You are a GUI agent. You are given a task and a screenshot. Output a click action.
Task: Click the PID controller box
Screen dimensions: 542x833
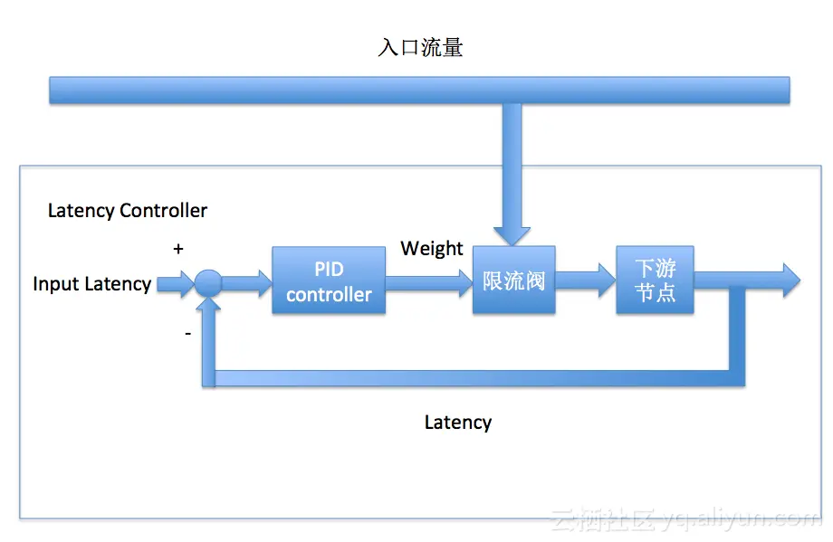(x=329, y=280)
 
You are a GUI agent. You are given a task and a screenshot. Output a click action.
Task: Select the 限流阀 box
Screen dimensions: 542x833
(x=513, y=280)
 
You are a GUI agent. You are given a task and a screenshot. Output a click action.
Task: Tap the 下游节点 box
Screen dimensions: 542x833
(x=655, y=280)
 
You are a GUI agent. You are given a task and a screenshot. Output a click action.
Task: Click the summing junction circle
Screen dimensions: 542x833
(x=208, y=283)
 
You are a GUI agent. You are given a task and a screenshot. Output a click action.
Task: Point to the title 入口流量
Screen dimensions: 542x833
(x=420, y=48)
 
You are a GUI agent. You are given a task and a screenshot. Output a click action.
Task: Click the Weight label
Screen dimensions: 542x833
(x=432, y=249)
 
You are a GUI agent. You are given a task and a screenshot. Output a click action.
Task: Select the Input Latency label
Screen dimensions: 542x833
(x=91, y=284)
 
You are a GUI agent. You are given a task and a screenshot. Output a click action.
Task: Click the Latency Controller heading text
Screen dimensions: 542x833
(x=128, y=211)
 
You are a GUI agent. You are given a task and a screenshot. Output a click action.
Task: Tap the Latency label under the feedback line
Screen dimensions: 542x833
(x=458, y=423)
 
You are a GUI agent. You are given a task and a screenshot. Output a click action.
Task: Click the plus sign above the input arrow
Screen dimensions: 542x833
(x=178, y=249)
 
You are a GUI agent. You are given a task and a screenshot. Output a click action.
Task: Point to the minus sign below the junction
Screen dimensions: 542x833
(x=187, y=334)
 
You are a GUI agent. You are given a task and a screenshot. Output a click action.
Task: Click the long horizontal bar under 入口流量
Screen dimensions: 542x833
(x=419, y=90)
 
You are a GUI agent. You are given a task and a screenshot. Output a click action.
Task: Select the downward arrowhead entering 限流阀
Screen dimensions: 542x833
(x=512, y=233)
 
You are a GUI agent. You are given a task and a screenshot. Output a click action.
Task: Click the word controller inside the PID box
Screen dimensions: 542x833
(x=329, y=295)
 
